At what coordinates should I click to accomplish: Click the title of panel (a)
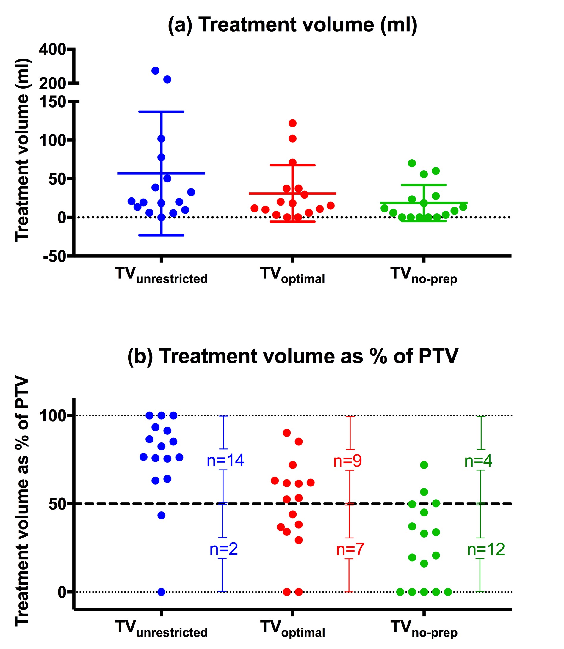292,25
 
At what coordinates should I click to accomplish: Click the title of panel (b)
292,356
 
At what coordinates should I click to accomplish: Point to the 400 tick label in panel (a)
52,49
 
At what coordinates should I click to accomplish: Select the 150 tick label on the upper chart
52,102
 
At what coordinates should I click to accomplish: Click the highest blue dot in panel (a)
155,71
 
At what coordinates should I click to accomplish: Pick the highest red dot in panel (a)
292,123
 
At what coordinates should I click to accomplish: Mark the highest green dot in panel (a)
412,163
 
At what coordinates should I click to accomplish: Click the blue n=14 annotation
225,461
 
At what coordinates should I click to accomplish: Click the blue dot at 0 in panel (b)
161,592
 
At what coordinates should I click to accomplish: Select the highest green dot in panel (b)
424,465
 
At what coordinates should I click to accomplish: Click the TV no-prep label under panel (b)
424,628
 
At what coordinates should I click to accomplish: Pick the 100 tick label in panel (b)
52,416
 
